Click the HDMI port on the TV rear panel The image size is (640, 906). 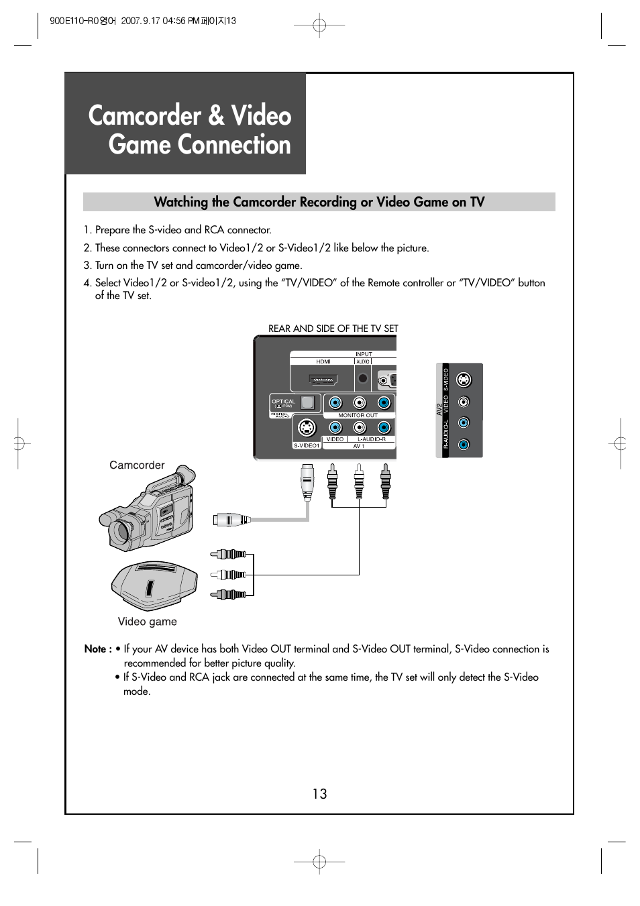point(323,380)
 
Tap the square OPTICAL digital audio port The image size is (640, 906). point(307,403)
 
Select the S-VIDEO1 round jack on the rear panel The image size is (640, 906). point(307,427)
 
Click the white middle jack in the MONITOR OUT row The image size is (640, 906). point(360,403)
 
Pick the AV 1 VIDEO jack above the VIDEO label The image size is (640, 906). point(335,427)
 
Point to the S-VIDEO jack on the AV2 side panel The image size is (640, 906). point(464,380)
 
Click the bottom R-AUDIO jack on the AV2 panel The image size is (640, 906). point(464,444)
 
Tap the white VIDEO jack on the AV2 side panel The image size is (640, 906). point(464,402)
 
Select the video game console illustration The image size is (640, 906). point(154,585)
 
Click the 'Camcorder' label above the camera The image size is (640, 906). point(137,465)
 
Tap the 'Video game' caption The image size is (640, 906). point(148,622)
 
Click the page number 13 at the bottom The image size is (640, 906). point(319,794)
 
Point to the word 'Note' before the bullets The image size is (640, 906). point(95,649)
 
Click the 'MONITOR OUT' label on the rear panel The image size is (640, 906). point(358,415)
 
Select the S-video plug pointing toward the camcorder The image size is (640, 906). point(228,519)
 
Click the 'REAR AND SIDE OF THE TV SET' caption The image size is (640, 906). point(333,329)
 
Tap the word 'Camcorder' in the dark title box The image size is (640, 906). point(144,116)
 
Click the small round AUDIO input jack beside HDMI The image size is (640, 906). point(363,379)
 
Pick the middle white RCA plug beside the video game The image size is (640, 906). point(229,575)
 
